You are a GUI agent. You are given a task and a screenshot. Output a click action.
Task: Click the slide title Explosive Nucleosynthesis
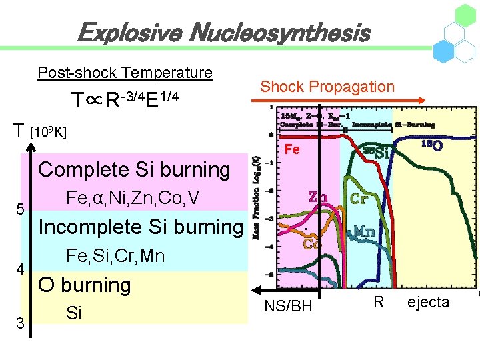click(223, 32)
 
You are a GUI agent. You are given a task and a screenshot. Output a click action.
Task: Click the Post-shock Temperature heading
click(125, 72)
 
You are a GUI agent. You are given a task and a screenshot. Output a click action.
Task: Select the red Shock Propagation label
click(327, 86)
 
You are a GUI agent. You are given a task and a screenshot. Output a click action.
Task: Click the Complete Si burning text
click(135, 169)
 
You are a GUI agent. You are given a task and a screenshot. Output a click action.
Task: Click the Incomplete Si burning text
click(141, 227)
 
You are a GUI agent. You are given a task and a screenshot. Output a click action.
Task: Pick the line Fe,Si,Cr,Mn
click(116, 255)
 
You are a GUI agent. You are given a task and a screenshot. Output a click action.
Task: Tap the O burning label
click(84, 285)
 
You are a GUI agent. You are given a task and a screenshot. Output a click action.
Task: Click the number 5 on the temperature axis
click(21, 209)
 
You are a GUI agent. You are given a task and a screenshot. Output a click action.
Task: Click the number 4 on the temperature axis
click(21, 270)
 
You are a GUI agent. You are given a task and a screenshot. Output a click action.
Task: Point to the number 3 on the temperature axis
click(21, 324)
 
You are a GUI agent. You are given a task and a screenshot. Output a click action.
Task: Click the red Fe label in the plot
click(292, 150)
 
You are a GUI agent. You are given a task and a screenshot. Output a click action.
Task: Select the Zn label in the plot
click(317, 197)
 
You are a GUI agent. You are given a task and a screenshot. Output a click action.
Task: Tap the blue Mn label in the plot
click(363, 231)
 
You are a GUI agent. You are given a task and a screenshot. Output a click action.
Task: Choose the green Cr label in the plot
click(359, 199)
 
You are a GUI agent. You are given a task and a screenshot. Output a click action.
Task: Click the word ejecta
click(428, 303)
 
